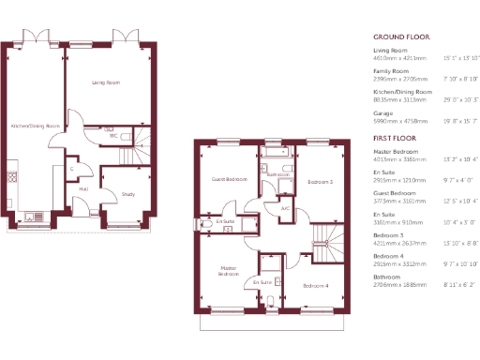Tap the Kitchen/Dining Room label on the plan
click(x=35, y=126)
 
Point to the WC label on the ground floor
click(x=112, y=136)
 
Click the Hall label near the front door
click(x=83, y=188)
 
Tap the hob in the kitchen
click(x=13, y=174)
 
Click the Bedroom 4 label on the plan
click(x=315, y=284)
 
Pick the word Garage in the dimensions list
click(x=382, y=112)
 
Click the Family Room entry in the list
click(x=391, y=70)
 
